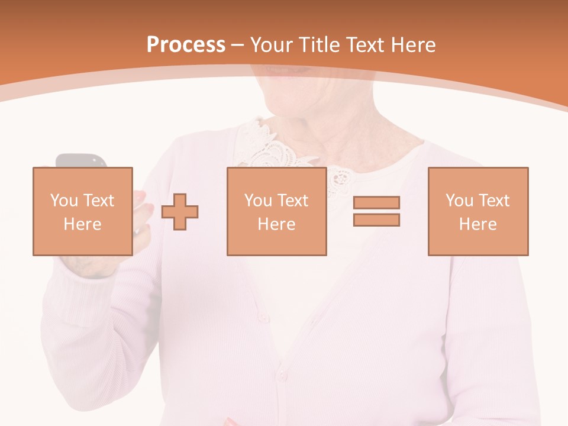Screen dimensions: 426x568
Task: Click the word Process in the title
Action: (x=186, y=45)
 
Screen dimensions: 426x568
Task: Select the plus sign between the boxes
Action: (x=180, y=211)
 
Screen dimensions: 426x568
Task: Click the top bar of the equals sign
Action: (x=376, y=203)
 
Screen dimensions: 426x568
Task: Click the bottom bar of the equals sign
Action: (x=376, y=220)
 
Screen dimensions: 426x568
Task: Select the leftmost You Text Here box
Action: (x=82, y=211)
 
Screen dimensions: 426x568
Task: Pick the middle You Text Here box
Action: (x=276, y=211)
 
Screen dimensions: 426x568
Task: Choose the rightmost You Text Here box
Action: (x=477, y=211)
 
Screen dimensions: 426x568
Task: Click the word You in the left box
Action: (x=63, y=201)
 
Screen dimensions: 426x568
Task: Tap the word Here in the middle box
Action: (x=276, y=224)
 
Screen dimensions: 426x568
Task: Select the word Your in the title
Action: (x=270, y=45)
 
